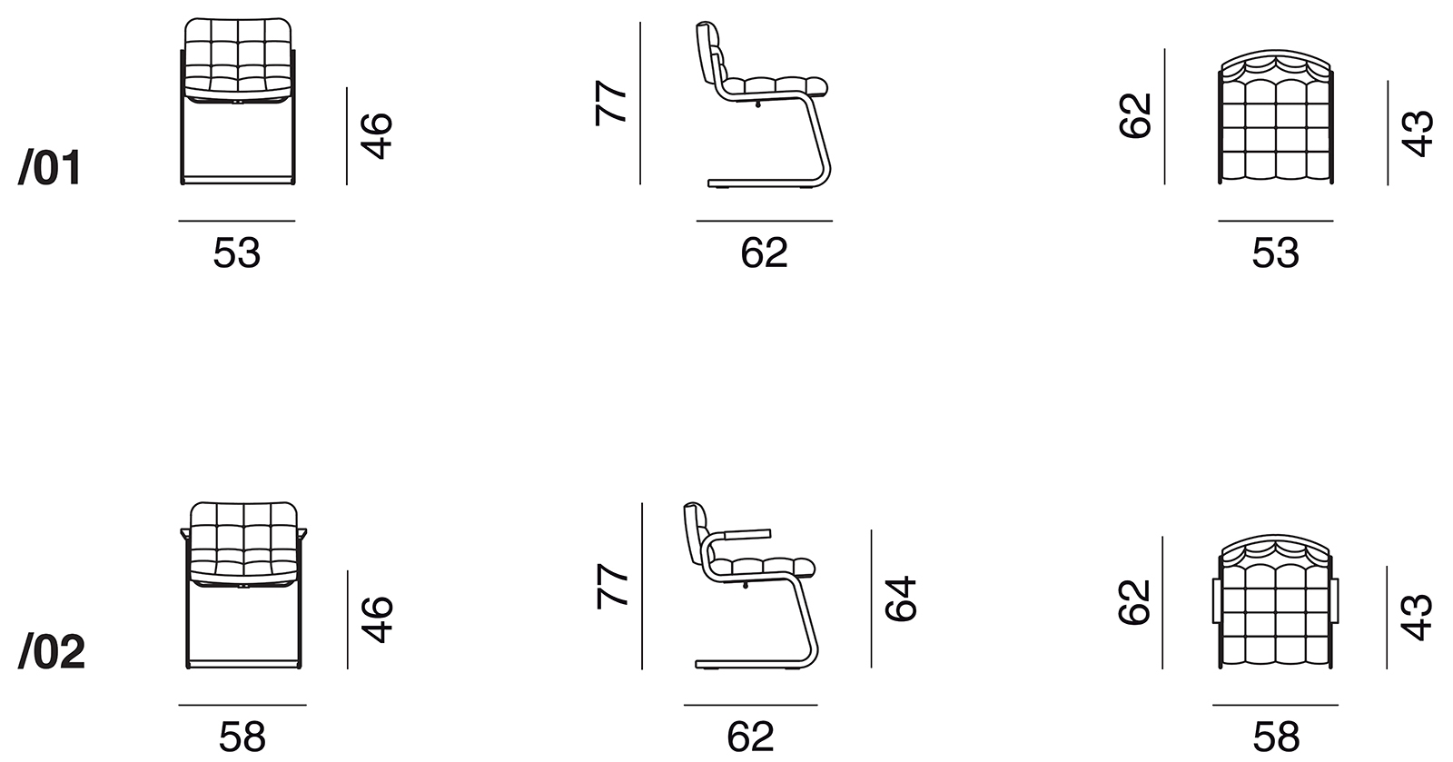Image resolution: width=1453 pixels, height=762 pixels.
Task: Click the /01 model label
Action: click(50, 167)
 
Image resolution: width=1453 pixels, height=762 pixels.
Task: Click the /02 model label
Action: click(51, 652)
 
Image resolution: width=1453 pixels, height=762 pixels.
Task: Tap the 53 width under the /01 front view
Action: click(237, 252)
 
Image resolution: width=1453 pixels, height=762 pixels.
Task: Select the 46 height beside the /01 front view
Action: click(377, 136)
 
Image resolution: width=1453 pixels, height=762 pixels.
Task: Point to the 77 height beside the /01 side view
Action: click(610, 103)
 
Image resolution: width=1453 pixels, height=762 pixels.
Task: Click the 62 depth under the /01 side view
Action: click(764, 252)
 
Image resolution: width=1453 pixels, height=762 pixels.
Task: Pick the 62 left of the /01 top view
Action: click(1135, 115)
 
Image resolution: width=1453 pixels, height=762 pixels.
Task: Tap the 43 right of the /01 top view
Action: click(1417, 134)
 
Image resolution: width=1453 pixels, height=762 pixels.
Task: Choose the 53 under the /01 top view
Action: click(1275, 252)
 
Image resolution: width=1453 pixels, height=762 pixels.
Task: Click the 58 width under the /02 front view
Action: click(242, 737)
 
